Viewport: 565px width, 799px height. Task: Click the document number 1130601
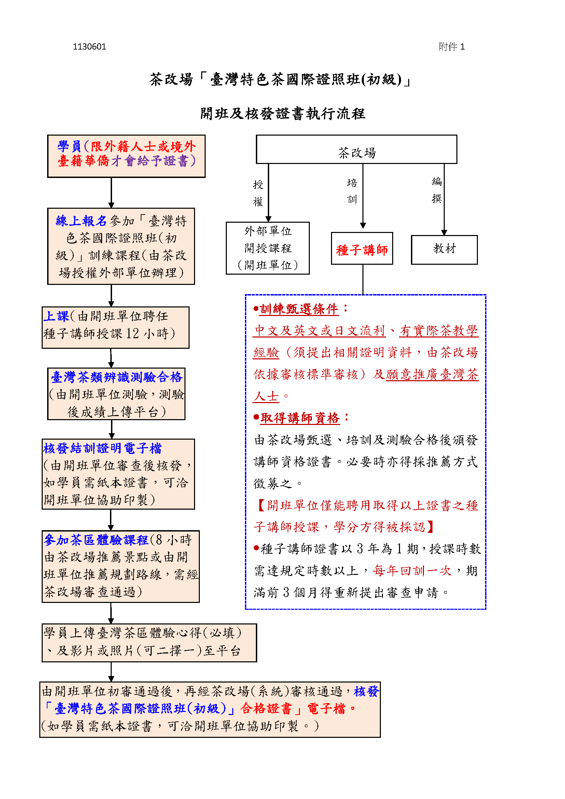click(x=89, y=47)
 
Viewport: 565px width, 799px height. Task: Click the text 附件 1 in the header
click(x=451, y=47)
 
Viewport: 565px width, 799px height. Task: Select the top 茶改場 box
click(x=356, y=150)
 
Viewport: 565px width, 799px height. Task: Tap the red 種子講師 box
click(x=361, y=249)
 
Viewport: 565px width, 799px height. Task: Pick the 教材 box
click(x=444, y=249)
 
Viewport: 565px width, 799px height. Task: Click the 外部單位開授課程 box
click(x=267, y=248)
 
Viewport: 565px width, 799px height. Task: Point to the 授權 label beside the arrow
click(x=258, y=193)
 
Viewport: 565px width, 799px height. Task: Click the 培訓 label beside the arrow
click(x=352, y=191)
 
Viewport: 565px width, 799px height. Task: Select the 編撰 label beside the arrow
click(x=437, y=190)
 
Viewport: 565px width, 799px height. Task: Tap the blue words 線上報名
click(x=81, y=221)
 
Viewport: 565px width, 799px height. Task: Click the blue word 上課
click(x=56, y=316)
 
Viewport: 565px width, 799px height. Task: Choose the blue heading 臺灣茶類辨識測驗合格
click(x=116, y=377)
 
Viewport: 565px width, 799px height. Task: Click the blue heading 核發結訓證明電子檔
click(x=102, y=448)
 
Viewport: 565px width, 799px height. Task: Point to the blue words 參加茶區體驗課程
click(x=96, y=540)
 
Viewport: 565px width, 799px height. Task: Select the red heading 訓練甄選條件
click(x=299, y=309)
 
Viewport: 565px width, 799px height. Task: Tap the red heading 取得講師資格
click(x=300, y=418)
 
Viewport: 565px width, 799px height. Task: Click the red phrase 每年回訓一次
click(x=412, y=571)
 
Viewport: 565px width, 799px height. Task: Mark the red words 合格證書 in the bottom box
click(x=266, y=708)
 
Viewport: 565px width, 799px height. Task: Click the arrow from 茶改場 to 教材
click(x=444, y=198)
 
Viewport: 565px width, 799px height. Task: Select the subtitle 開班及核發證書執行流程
click(x=282, y=113)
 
